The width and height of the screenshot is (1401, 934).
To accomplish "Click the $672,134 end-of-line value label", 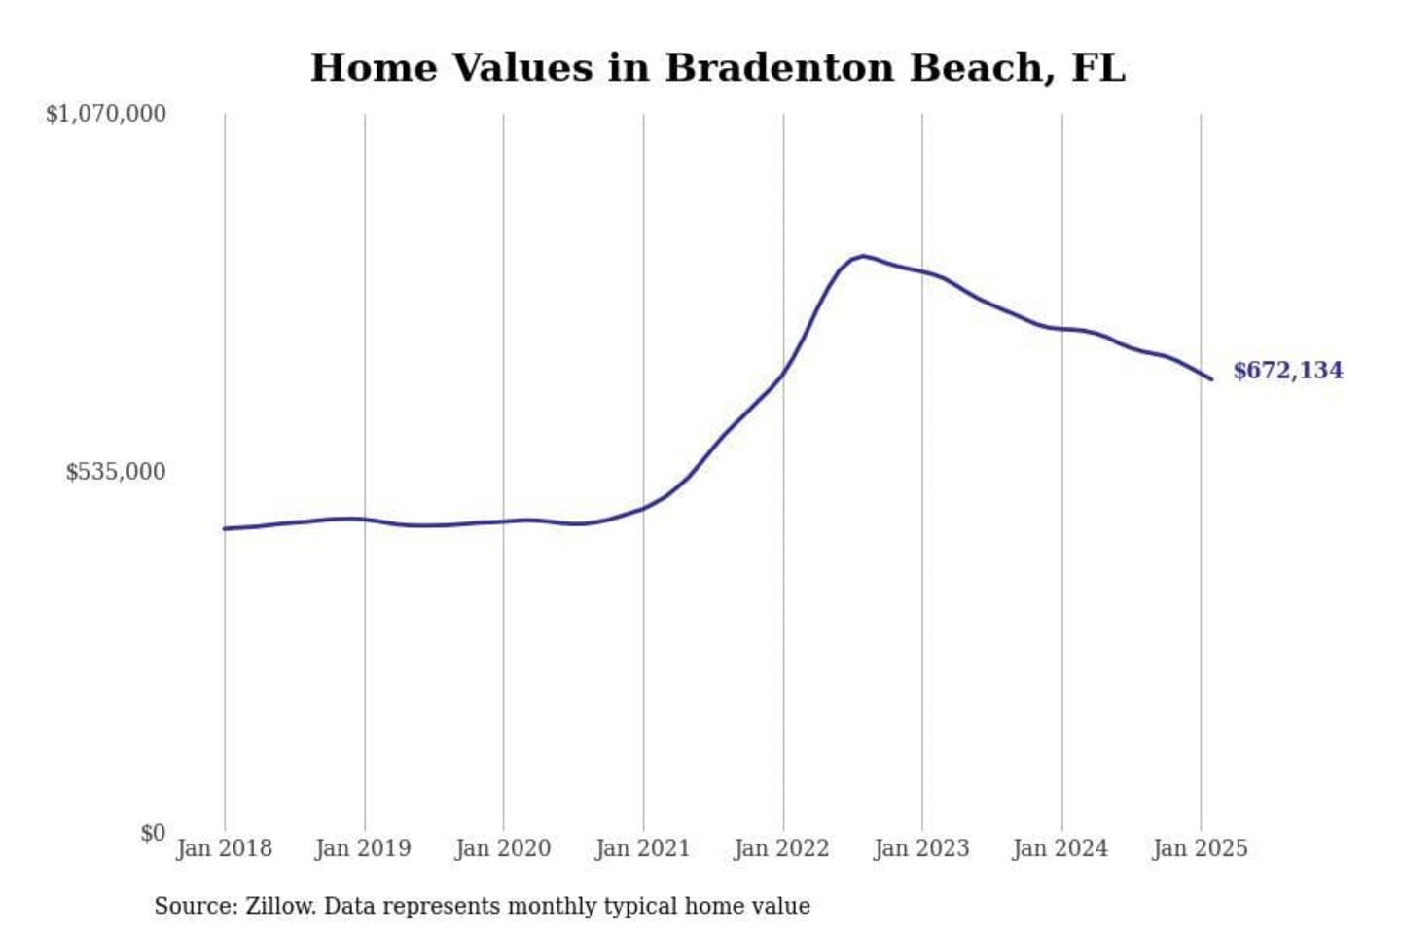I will click(1287, 371).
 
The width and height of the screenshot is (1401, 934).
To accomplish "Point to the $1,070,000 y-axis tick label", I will click(106, 114).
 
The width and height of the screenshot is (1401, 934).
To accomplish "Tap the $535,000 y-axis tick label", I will click(116, 472).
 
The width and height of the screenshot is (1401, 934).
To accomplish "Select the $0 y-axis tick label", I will click(153, 833).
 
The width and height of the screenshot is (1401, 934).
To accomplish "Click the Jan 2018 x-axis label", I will click(224, 848).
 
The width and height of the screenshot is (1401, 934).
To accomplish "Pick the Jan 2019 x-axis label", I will click(363, 848).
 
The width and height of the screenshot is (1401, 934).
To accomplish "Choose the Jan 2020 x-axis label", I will click(503, 848).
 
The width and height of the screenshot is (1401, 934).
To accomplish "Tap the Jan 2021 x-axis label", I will click(642, 848).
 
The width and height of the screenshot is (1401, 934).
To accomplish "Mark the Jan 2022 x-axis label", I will click(781, 848).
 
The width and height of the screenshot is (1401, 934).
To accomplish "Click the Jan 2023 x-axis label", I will click(921, 848).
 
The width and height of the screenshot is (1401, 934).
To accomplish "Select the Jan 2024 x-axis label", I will click(1060, 848).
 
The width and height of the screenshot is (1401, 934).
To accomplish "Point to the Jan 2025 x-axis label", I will click(1200, 848).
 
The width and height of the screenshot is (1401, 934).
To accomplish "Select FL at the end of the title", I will click(1097, 68).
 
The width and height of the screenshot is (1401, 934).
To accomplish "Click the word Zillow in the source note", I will click(279, 906).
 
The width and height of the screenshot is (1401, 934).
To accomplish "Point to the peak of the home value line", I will click(863, 256).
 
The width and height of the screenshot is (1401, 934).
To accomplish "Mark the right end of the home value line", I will click(1211, 378).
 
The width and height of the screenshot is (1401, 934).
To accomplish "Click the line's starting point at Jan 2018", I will click(225, 528).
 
